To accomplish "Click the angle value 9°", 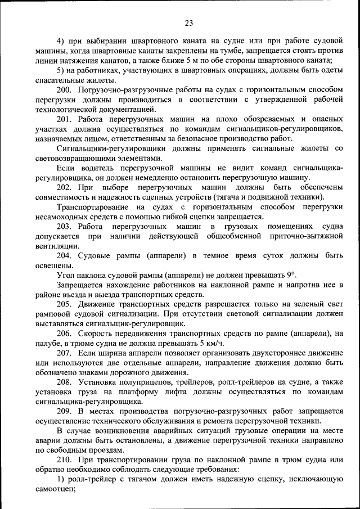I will point(290,275).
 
